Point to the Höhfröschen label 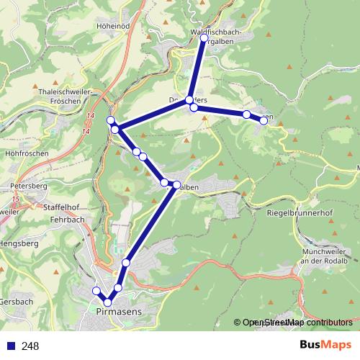tap(26, 153)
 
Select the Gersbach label tap(16, 301)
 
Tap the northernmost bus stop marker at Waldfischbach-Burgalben tap(204, 37)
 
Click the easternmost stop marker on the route tap(264, 120)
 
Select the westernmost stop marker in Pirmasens tap(96, 291)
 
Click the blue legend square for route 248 tap(11, 346)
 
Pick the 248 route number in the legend tap(30, 346)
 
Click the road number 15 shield tap(16, 197)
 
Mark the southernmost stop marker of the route tap(108, 302)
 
